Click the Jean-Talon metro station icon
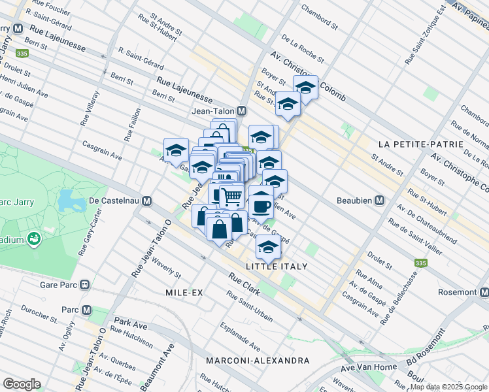(241, 111)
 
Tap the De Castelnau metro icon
(148, 201)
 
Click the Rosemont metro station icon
(483, 291)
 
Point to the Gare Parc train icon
(84, 285)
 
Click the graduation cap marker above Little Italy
(268, 246)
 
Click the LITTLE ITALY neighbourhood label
(277, 267)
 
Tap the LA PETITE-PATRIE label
(430, 143)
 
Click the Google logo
(22, 384)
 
